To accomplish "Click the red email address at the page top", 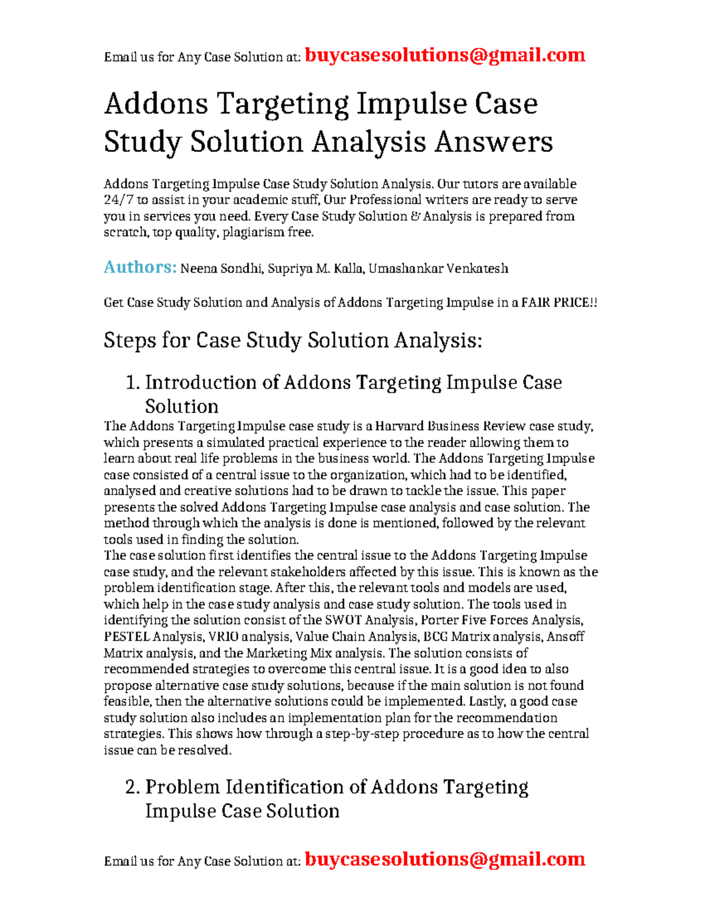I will click(x=445, y=55).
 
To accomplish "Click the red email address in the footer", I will click(x=445, y=859).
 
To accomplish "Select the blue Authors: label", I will click(x=140, y=267).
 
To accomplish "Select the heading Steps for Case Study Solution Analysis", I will click(x=293, y=341).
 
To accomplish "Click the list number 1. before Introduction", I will click(x=133, y=383).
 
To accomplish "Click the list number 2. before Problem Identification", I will click(x=132, y=788).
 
